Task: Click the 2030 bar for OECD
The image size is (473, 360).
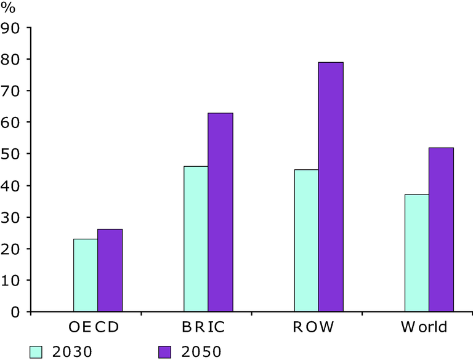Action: coord(86,275)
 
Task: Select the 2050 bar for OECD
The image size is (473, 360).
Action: coord(110,270)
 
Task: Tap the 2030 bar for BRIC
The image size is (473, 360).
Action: coord(196,239)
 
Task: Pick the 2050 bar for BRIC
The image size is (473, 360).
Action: coord(220,212)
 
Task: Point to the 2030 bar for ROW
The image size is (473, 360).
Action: coord(306,240)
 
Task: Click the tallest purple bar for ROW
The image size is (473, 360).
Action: coord(331,187)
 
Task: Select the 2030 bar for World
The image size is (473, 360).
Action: coord(417,253)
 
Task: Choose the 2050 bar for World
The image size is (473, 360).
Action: coord(442,230)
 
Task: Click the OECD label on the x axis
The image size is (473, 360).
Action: coord(94,327)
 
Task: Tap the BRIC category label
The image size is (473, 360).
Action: coord(204,327)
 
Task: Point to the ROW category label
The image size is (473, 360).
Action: coord(313,327)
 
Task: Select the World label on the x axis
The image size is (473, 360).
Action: coord(424,327)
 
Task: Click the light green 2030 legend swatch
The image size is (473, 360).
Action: coord(36,352)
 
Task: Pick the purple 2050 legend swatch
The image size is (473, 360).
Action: coord(164,352)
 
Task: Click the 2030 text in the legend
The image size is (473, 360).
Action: coord(72,352)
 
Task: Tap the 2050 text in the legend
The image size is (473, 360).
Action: coord(201,352)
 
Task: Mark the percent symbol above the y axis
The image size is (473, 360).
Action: coord(8,7)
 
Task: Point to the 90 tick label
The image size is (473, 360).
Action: coord(10,28)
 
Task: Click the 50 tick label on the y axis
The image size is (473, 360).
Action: coord(10,154)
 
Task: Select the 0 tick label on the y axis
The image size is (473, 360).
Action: coord(15,312)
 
